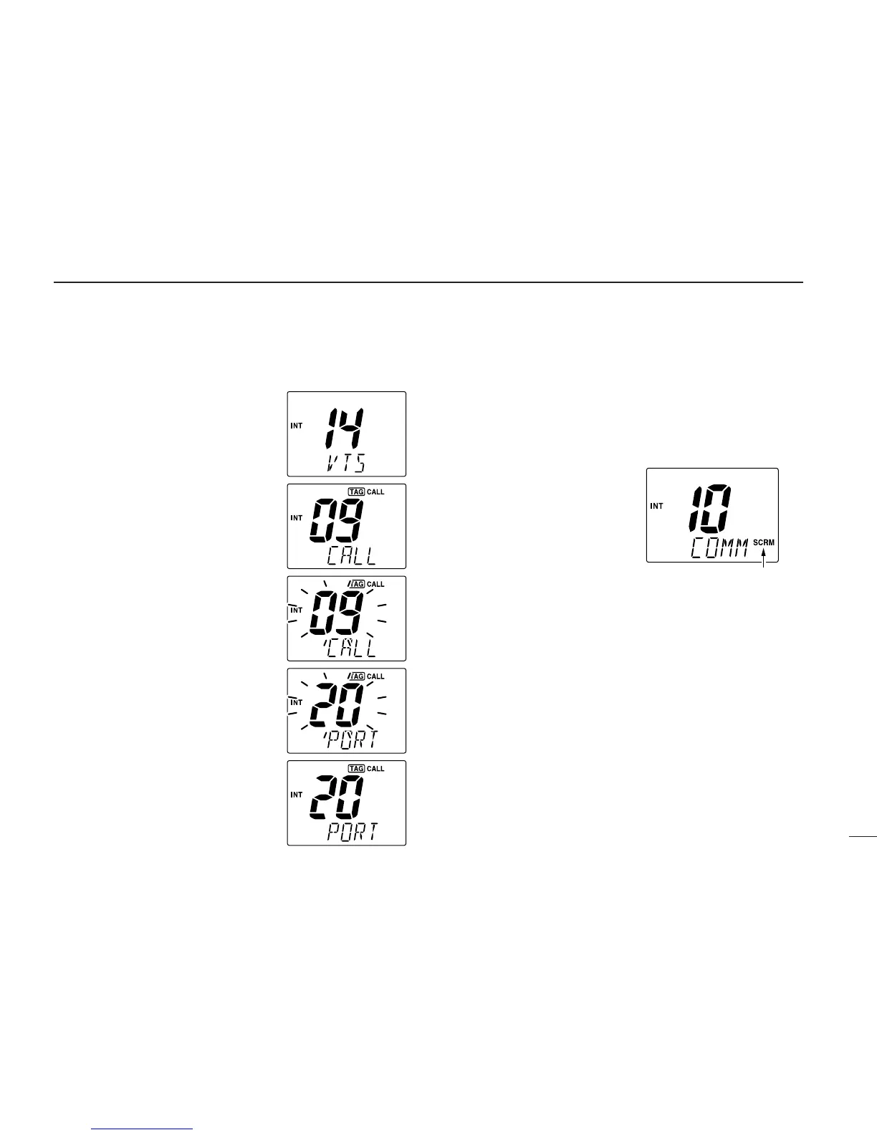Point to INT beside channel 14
[x=296, y=426]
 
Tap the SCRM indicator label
[x=764, y=543]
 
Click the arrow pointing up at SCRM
[x=764, y=560]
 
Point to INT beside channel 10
[x=656, y=506]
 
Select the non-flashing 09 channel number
[x=337, y=520]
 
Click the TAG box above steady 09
[x=355, y=492]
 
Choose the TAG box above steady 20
[x=355, y=769]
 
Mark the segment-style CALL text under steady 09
[x=352, y=556]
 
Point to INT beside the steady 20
[x=296, y=795]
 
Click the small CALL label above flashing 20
[x=375, y=676]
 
